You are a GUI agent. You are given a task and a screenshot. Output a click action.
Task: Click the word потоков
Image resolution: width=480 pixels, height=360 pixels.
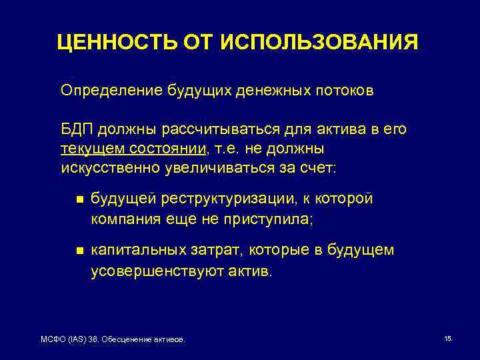346,90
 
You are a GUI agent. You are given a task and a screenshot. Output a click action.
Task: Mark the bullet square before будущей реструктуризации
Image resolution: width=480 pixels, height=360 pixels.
79,199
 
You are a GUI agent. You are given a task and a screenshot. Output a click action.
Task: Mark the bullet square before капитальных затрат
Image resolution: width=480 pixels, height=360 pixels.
79,251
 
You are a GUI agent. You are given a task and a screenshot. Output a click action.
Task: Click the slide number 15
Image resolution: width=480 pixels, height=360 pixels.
447,339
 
